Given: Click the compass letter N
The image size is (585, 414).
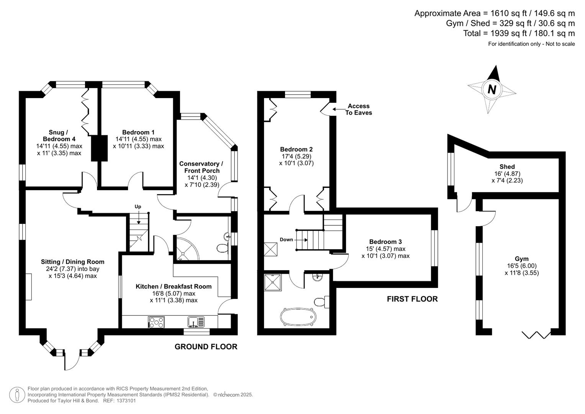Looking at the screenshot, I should [492, 89].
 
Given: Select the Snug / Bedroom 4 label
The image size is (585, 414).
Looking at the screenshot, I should [59, 136].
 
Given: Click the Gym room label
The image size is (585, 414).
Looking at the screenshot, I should [521, 259].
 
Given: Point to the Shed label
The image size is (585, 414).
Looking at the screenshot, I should [507, 167].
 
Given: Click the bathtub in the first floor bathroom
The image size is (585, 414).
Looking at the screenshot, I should [298, 317].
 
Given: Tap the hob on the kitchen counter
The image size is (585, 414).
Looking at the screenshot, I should [156, 322].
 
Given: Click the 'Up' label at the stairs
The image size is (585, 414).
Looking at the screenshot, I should [138, 207].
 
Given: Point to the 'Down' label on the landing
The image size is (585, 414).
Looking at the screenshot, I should [286, 240].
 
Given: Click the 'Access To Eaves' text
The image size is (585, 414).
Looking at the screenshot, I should [358, 109].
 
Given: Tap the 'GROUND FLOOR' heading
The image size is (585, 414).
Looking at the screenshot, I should [206, 347].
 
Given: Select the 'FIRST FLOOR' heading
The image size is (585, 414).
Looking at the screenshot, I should [412, 299].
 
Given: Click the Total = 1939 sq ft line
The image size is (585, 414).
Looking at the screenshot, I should [519, 33].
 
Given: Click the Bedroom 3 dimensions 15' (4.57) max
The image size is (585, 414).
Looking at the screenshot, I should [385, 249].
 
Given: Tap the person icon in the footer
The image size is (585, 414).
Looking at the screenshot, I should [17, 395].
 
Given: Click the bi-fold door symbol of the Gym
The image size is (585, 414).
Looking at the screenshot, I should [536, 335].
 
